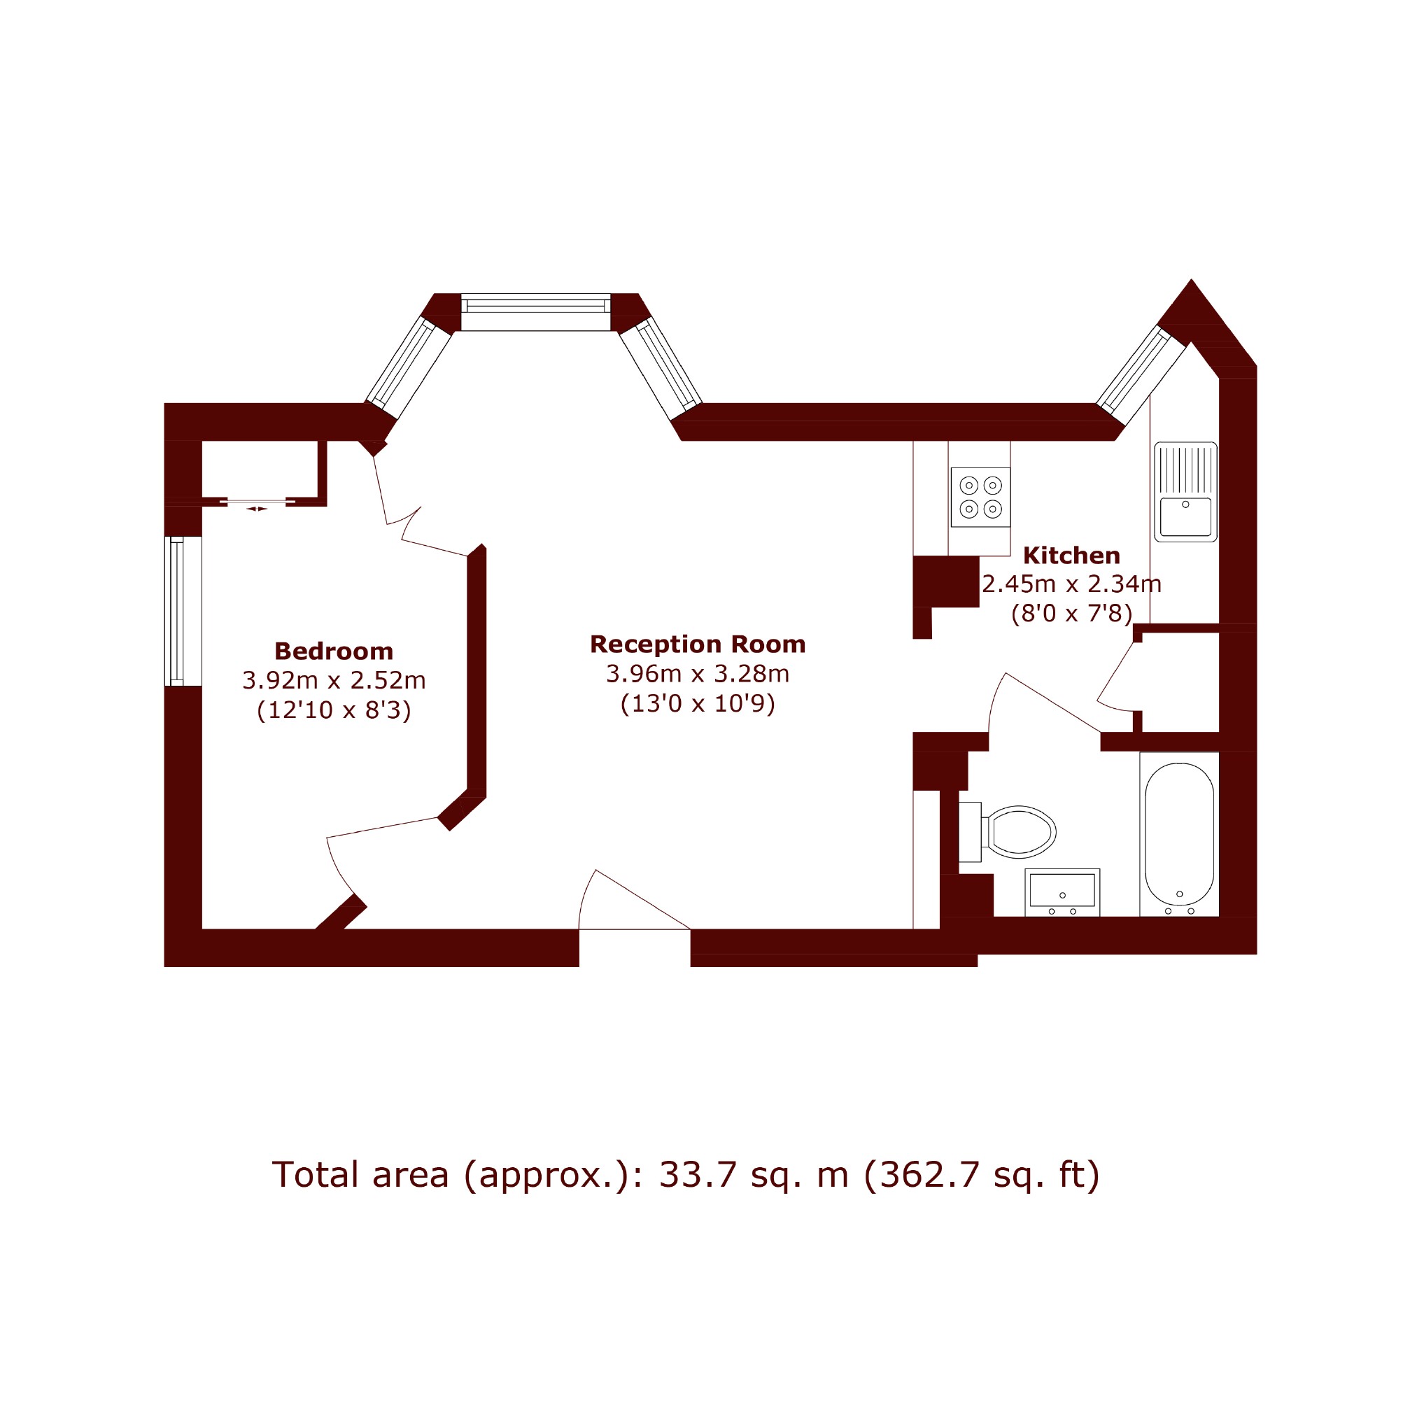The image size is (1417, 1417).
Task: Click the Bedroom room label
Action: (x=334, y=651)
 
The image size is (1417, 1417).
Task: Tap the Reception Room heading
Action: (x=698, y=644)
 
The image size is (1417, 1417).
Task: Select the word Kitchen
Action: (x=1071, y=555)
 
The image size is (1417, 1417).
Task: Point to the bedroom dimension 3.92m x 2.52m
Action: (x=334, y=681)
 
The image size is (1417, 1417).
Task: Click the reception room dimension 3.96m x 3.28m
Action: (x=698, y=673)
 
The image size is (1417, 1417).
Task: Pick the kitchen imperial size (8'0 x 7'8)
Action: (x=1071, y=613)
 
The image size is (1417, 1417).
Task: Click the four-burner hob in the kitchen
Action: (x=980, y=498)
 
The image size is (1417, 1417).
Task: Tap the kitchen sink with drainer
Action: (x=1185, y=491)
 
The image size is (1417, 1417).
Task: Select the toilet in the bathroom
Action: (x=1007, y=832)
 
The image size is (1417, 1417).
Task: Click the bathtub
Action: (x=1179, y=834)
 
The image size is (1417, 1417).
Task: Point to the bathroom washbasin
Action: (x=1062, y=893)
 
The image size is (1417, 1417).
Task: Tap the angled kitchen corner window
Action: (x=1141, y=369)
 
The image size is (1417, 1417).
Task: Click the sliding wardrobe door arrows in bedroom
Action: (x=257, y=508)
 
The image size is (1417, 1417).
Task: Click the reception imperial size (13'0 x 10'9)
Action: (x=698, y=704)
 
